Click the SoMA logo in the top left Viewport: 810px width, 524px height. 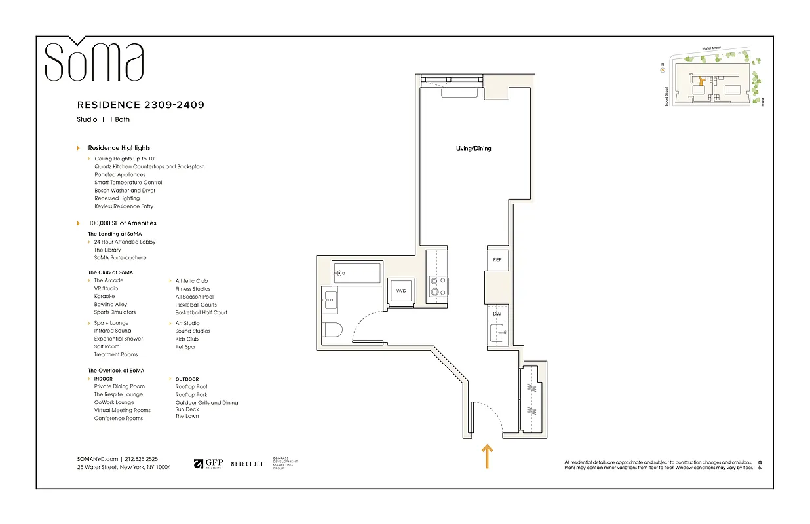(x=94, y=60)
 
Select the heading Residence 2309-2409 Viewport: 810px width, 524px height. (x=141, y=105)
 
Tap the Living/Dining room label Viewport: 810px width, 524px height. (x=473, y=148)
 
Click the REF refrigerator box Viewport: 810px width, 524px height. (x=497, y=260)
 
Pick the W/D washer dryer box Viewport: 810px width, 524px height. (x=401, y=291)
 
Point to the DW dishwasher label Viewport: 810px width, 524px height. (x=497, y=314)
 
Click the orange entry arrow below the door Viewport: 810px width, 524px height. (x=487, y=457)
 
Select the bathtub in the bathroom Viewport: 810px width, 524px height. (x=357, y=272)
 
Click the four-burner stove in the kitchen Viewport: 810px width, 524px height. (x=438, y=287)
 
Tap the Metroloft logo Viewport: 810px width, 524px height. (x=247, y=464)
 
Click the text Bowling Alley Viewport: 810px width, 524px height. (x=111, y=305)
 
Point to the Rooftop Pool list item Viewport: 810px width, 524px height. (x=191, y=386)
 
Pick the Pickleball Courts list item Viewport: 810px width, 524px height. (x=196, y=305)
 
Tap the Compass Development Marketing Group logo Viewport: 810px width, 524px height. (x=284, y=464)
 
